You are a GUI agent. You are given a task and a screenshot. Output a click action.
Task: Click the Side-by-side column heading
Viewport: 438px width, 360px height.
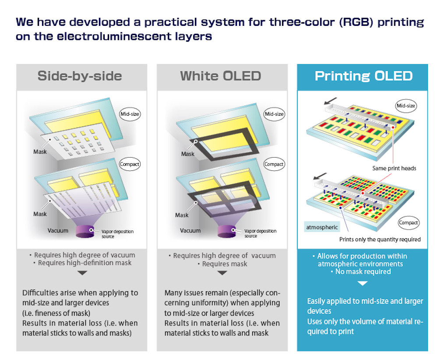[80, 76]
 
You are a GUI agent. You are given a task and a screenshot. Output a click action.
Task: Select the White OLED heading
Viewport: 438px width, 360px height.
[221, 76]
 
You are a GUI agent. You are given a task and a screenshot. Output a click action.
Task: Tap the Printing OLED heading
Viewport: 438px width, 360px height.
[364, 76]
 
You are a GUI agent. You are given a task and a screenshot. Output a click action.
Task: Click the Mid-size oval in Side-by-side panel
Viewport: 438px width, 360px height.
[130, 114]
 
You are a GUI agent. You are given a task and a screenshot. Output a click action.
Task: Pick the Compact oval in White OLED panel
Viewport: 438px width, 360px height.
[274, 164]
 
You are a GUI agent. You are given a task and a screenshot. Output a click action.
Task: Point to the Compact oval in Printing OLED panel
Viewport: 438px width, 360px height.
[408, 222]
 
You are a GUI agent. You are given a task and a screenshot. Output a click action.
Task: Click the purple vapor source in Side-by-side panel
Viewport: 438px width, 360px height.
[85, 231]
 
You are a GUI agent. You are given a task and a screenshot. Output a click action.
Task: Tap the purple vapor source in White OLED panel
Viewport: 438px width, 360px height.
[227, 231]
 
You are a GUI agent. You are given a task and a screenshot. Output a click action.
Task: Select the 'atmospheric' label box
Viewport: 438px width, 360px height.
[322, 227]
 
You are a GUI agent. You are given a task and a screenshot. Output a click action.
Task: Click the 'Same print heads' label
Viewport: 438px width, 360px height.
[394, 168]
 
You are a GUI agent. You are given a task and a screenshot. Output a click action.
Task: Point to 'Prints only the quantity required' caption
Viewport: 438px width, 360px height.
[380, 240]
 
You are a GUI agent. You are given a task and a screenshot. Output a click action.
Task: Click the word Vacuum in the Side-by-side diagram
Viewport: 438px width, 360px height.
[58, 231]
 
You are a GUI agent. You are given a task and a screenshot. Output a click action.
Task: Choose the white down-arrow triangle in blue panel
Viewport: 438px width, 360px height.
[362, 283]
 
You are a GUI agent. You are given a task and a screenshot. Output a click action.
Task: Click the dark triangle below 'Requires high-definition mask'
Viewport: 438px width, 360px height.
[82, 273]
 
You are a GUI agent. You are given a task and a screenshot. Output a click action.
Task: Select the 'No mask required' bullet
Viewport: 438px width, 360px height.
[361, 272]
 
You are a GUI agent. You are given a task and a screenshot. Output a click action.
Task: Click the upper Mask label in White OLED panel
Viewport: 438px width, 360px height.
[188, 154]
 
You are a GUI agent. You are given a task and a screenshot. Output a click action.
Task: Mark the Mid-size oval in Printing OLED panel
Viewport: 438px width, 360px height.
[406, 106]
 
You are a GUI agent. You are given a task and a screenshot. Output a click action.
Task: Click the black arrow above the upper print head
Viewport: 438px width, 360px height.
[330, 101]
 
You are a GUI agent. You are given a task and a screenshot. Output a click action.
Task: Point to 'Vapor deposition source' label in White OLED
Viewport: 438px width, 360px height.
[260, 233]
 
